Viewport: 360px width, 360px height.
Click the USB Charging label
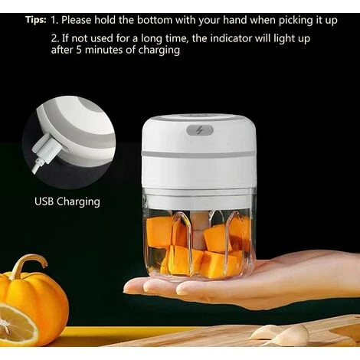click(x=67, y=202)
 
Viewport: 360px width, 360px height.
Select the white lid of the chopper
click(x=198, y=134)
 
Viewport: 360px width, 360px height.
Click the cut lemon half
click(x=15, y=322)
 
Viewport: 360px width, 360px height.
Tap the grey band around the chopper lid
click(x=198, y=154)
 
